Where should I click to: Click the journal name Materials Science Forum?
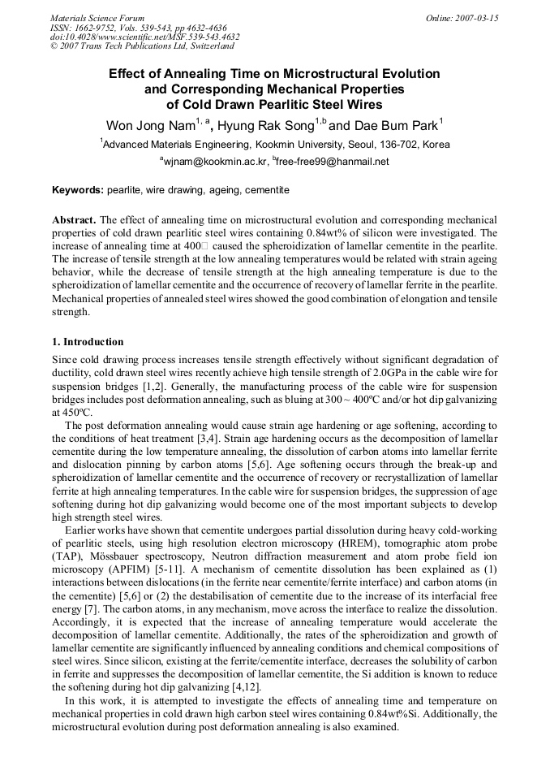[x=97, y=18]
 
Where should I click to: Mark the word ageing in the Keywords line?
[x=225, y=190]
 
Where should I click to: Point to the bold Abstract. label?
[x=74, y=220]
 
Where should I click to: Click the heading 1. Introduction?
[x=88, y=342]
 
